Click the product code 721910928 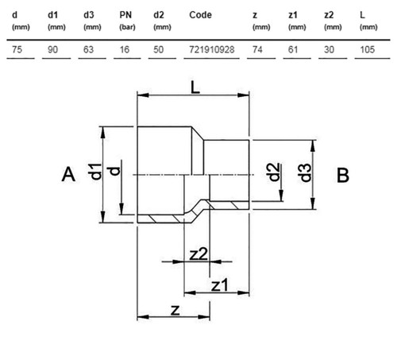pyautogui.click(x=212, y=49)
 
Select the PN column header pyautogui.click(x=125, y=15)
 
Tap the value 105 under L pyautogui.click(x=368, y=49)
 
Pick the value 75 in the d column pyautogui.click(x=17, y=49)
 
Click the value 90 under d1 pyautogui.click(x=52, y=49)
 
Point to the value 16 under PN pyautogui.click(x=125, y=49)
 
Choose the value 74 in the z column pyautogui.click(x=257, y=49)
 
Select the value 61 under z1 pyautogui.click(x=293, y=49)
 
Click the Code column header pyautogui.click(x=200, y=15)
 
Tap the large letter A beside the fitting pyautogui.click(x=68, y=175)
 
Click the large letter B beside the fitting pyautogui.click(x=343, y=175)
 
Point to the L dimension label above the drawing pyautogui.click(x=195, y=87)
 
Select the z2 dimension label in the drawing pyautogui.click(x=198, y=254)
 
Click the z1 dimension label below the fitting pyautogui.click(x=220, y=286)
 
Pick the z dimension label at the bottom pyautogui.click(x=175, y=310)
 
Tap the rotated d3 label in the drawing pyautogui.click(x=306, y=173)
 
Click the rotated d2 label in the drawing pyautogui.click(x=275, y=172)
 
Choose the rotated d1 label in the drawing pyautogui.click(x=95, y=172)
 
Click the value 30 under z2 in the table pyautogui.click(x=329, y=49)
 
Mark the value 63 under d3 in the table pyautogui.click(x=88, y=49)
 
